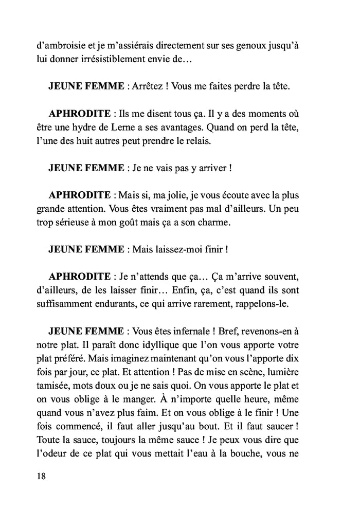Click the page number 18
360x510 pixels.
click(42, 476)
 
